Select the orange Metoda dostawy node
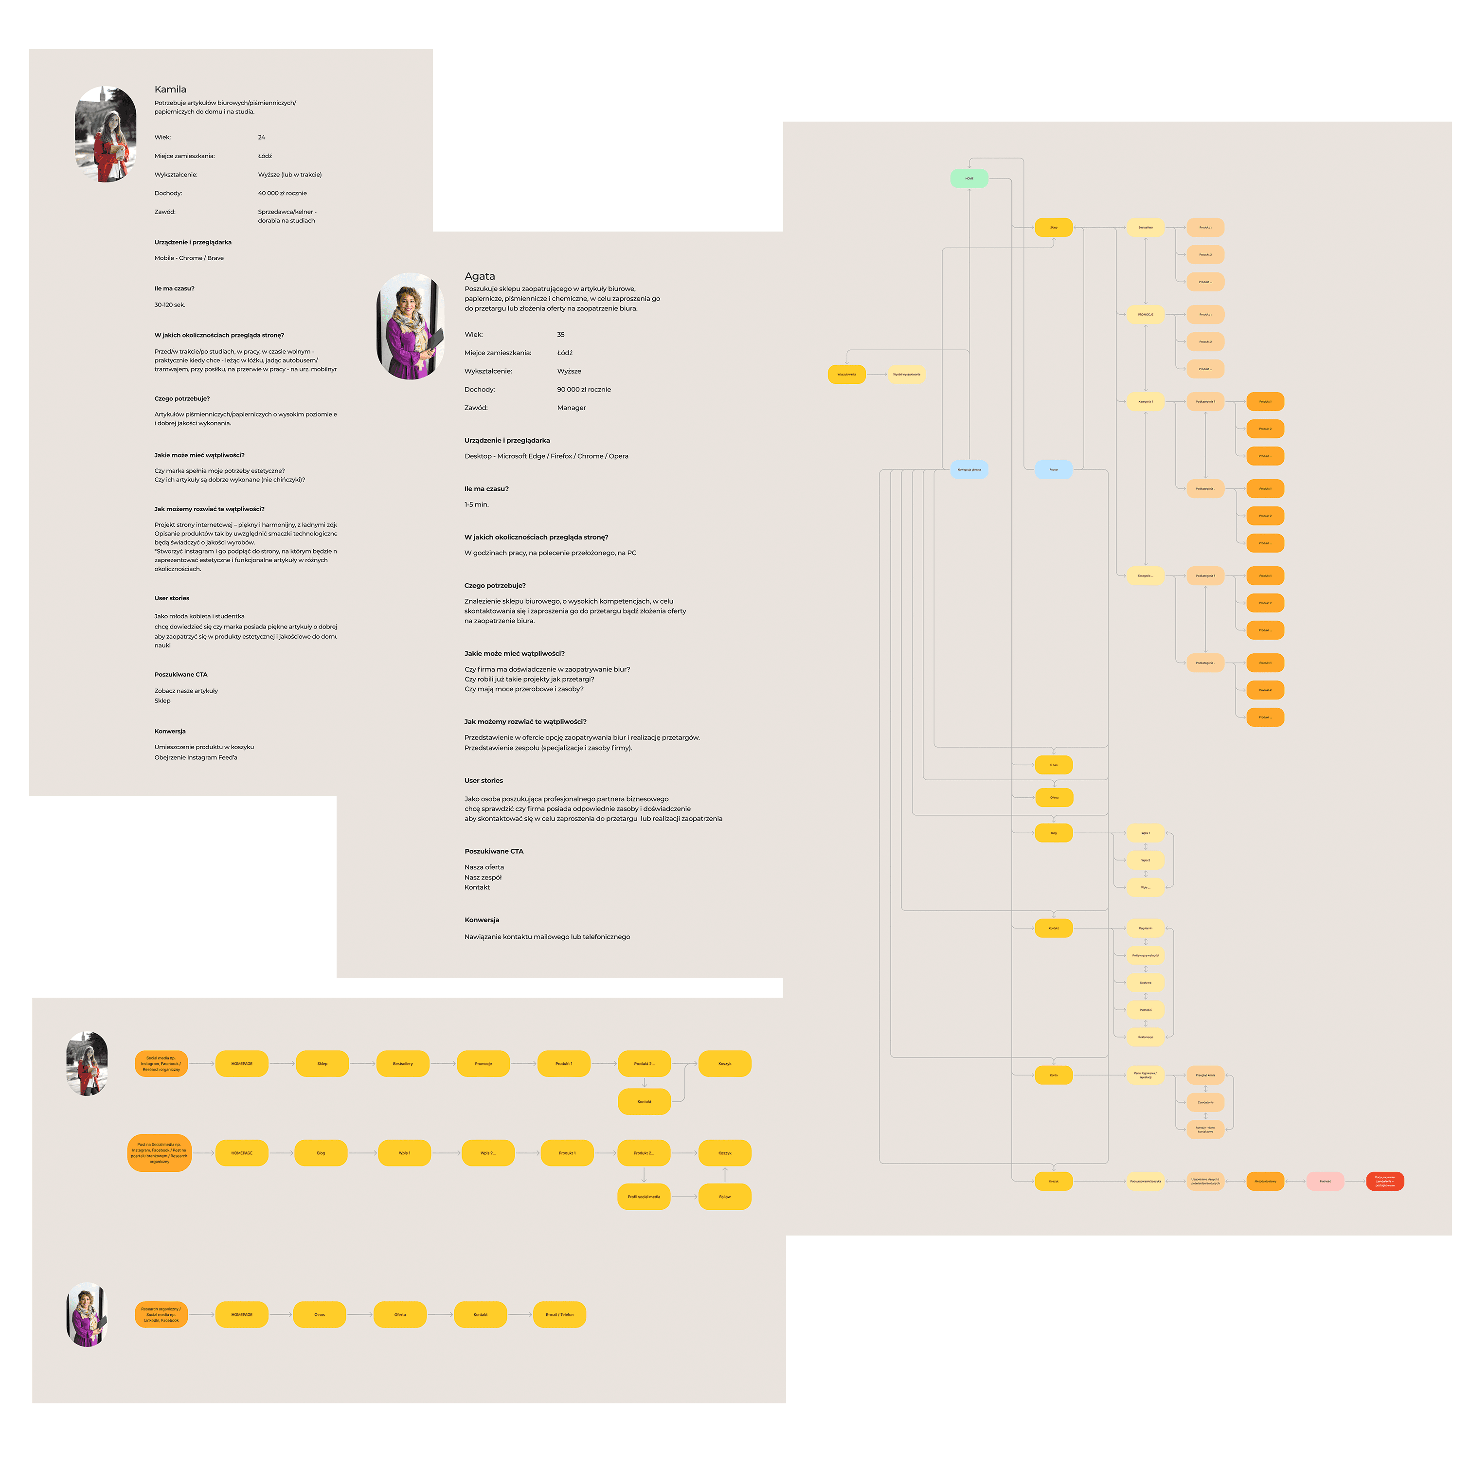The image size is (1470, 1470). pyautogui.click(x=1265, y=1181)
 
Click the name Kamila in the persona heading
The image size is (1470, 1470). pyautogui.click(x=170, y=89)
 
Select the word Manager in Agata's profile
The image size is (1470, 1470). pyautogui.click(x=572, y=408)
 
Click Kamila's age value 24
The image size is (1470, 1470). pyautogui.click(x=262, y=138)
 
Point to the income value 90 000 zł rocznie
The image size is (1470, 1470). pyautogui.click(x=584, y=390)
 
